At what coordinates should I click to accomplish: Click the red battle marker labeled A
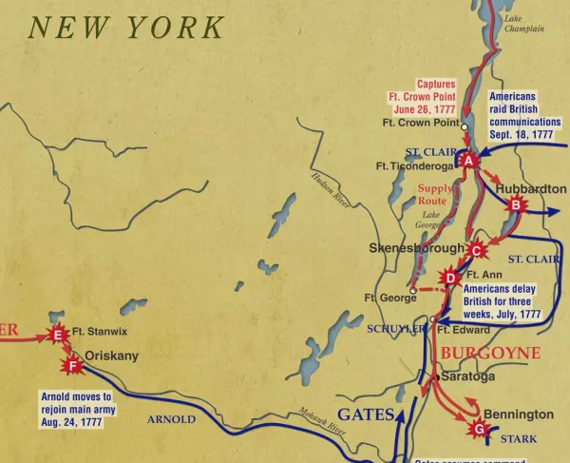(468, 162)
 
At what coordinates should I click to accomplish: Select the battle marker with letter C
(478, 250)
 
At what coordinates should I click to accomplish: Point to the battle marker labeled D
(450, 278)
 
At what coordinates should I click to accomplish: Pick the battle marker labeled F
(71, 363)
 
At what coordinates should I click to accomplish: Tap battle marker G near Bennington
(479, 429)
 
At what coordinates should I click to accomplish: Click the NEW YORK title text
(126, 28)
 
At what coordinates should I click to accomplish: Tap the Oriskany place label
(112, 356)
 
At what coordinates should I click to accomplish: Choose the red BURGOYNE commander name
(489, 353)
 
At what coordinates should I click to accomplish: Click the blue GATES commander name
(366, 415)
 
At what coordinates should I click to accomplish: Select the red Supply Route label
(436, 195)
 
